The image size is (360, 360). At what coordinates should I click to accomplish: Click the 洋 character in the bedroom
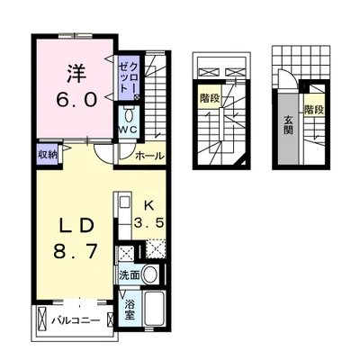(76, 74)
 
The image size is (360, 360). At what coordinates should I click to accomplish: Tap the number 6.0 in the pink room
(77, 99)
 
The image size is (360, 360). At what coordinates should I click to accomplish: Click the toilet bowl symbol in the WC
(129, 115)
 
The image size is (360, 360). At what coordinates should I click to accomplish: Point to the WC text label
(128, 130)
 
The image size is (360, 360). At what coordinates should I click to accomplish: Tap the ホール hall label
(150, 156)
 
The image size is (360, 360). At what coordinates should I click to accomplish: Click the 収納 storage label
(48, 154)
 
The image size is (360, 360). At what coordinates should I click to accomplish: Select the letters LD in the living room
(77, 226)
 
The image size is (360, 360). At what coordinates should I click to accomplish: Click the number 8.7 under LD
(76, 251)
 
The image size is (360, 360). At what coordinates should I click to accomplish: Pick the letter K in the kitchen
(149, 206)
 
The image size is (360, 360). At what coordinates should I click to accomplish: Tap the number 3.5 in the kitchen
(149, 223)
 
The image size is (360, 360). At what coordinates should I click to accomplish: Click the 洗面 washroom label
(130, 275)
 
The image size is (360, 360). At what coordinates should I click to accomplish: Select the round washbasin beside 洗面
(149, 274)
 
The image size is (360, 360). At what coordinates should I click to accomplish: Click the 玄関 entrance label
(288, 125)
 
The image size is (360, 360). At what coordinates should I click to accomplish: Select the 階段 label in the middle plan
(211, 98)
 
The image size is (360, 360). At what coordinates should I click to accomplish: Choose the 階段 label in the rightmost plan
(314, 110)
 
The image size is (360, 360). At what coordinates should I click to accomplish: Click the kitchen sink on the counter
(124, 202)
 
